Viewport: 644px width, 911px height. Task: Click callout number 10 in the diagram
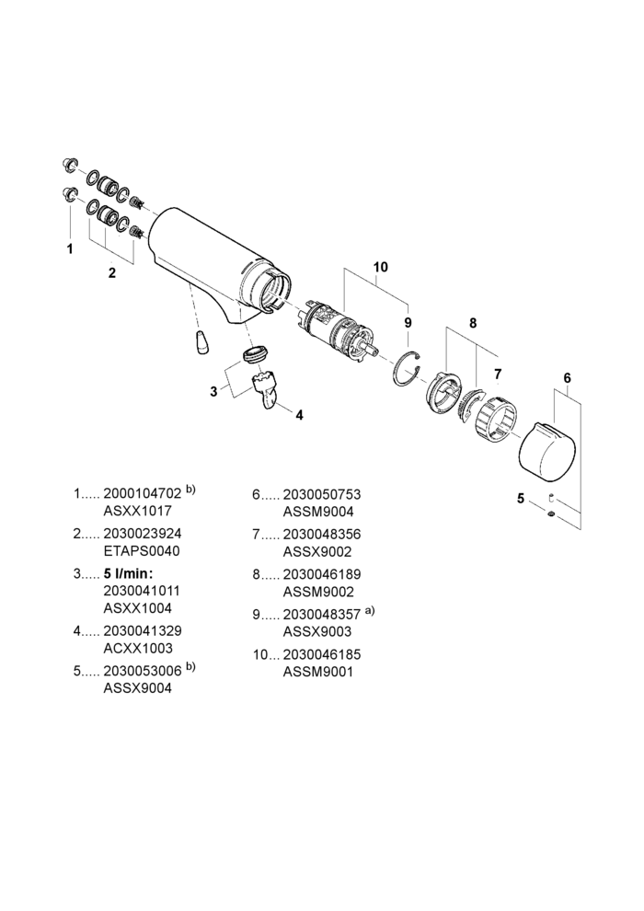(x=380, y=267)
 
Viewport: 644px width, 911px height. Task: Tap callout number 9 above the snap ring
(x=408, y=322)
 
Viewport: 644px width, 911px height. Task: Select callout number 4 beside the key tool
(x=299, y=415)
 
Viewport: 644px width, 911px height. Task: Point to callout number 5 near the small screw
(x=521, y=499)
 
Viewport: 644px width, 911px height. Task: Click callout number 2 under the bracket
(x=112, y=272)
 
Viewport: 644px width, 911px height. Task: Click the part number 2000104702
(x=143, y=494)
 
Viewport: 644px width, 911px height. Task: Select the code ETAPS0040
(x=141, y=551)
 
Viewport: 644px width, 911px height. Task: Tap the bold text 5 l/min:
(x=128, y=574)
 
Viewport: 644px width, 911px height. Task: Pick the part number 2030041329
(x=143, y=631)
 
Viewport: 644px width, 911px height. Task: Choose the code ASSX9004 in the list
(x=138, y=688)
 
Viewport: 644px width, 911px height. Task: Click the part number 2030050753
(x=322, y=494)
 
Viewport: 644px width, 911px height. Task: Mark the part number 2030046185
(x=322, y=655)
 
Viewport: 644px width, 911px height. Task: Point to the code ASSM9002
(x=317, y=592)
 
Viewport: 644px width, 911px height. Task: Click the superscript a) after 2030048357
(x=370, y=611)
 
